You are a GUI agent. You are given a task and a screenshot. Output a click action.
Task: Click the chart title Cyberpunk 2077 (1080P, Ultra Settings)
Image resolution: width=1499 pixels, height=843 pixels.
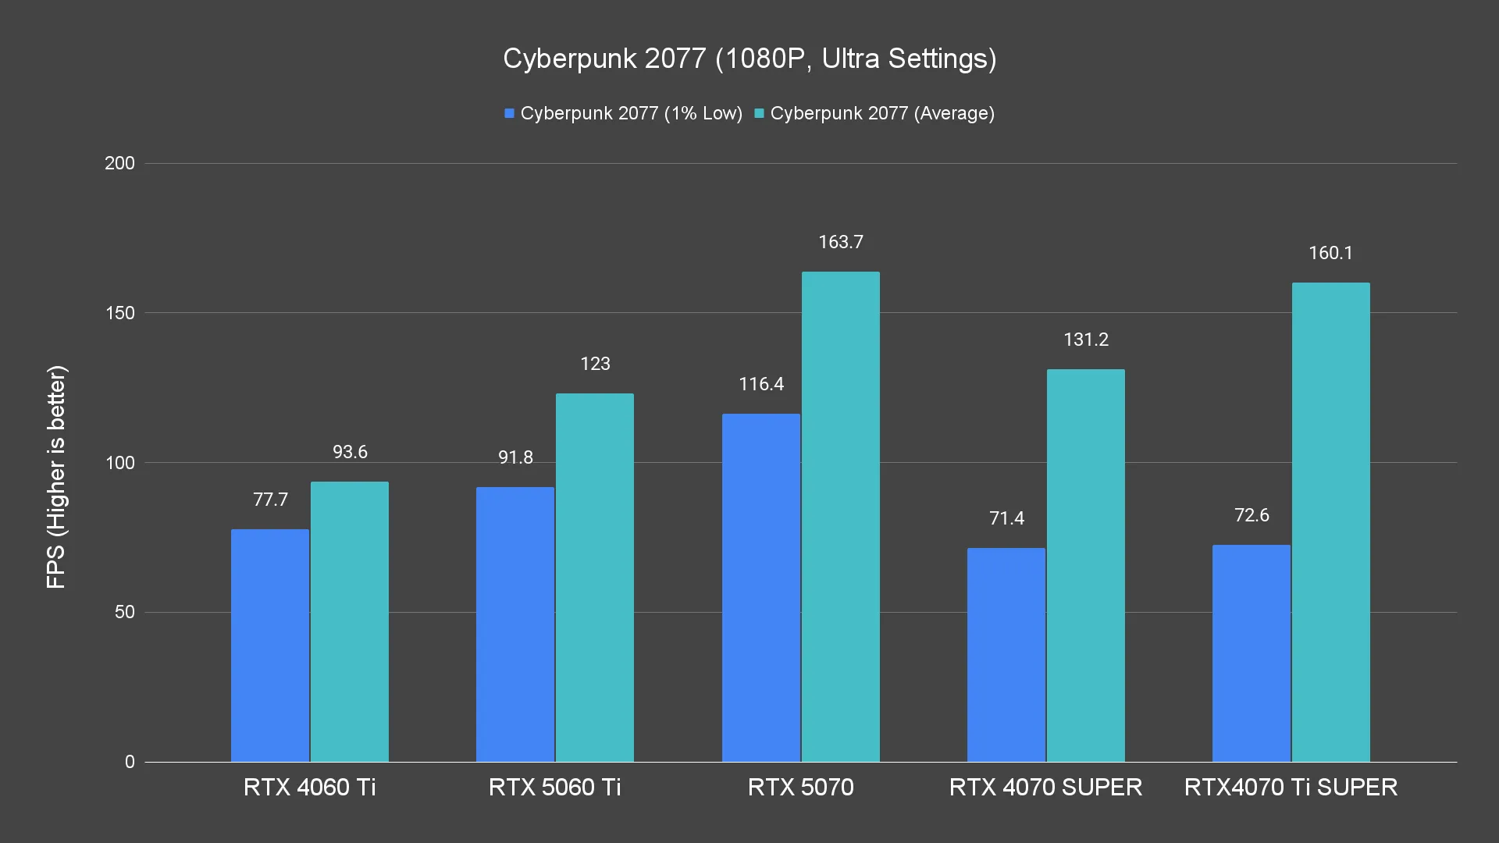749,59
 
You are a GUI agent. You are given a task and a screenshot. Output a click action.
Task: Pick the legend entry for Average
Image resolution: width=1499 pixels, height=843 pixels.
874,113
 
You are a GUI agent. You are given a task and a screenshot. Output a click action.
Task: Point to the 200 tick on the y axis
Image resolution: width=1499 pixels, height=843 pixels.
119,163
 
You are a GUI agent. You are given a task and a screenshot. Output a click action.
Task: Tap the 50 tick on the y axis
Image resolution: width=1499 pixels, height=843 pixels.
125,612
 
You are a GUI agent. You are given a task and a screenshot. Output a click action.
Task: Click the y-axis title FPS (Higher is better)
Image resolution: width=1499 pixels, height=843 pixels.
56,476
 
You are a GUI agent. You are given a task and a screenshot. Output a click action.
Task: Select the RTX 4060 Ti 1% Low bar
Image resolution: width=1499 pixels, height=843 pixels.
270,646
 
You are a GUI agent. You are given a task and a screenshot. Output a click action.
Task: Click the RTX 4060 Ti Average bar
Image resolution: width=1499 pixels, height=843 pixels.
350,621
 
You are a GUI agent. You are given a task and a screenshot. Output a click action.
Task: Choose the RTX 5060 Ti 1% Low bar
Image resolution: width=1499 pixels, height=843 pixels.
515,624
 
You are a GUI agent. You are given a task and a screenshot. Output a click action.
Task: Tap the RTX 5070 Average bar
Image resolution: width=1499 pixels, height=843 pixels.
841,517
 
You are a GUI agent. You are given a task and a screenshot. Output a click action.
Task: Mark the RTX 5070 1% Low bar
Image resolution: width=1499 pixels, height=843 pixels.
761,588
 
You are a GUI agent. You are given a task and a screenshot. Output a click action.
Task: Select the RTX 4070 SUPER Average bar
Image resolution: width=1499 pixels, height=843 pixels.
1086,565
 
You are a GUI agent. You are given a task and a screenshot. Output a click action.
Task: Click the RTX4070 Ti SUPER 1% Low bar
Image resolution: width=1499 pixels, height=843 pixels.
1252,653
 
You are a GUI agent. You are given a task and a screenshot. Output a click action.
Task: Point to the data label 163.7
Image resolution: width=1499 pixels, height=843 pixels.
841,242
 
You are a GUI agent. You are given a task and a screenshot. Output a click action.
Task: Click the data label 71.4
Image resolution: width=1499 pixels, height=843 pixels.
1006,518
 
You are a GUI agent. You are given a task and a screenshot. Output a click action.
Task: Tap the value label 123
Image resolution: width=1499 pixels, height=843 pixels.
595,364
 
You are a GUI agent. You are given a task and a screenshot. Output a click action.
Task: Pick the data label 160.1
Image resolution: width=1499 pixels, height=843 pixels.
1330,253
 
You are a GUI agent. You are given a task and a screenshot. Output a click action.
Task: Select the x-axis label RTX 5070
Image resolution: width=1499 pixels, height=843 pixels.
801,787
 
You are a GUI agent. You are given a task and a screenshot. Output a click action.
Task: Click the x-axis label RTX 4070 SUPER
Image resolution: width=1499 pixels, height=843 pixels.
1046,787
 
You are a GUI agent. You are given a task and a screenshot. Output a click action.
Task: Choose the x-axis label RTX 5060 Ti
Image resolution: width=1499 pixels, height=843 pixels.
555,787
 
